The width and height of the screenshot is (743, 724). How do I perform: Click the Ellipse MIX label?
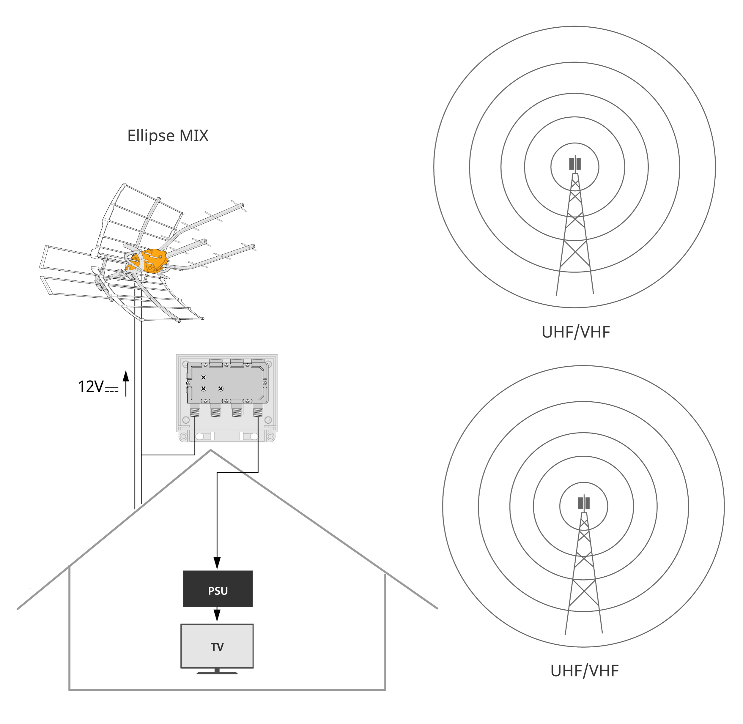168,136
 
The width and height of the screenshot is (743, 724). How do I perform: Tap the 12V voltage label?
91,387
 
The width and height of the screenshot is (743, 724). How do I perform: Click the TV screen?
217,646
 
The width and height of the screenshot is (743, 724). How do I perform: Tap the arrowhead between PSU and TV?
217,615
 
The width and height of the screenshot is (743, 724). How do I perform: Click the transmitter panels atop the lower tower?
584,503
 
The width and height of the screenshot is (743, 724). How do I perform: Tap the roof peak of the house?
211,451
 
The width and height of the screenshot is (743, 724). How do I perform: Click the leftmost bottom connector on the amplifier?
195,410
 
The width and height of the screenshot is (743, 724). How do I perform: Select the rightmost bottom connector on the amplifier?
258,410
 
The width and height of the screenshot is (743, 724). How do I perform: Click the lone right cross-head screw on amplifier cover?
221,389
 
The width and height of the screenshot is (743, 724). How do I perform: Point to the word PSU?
218,591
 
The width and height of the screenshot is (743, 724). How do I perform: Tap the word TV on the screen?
217,647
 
